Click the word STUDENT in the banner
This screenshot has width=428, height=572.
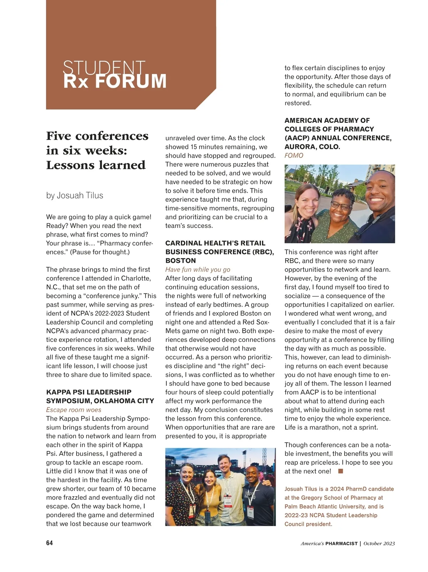[104, 67]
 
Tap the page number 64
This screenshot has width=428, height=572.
[50, 543]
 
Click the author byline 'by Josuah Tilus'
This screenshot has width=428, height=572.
[75, 196]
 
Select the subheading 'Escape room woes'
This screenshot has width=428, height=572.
[73, 410]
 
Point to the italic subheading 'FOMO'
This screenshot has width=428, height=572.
[294, 156]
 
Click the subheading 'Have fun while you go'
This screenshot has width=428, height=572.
[198, 270]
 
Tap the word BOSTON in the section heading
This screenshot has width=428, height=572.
[180, 261]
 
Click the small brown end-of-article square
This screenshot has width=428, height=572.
[341, 471]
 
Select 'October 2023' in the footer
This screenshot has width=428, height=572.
[379, 544]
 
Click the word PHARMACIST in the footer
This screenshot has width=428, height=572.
[341, 544]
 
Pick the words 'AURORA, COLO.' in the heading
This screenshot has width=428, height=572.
[312, 147]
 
